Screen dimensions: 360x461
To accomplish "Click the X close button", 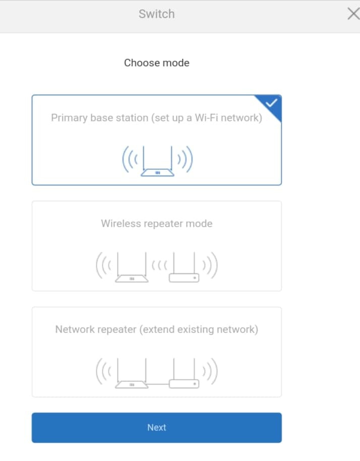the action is (x=353, y=14).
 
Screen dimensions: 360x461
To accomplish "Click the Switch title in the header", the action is (x=157, y=14).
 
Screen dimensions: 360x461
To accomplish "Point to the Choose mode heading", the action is (x=157, y=62).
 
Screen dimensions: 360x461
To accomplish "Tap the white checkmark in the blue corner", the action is (x=271, y=103).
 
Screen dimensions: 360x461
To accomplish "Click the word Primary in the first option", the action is (x=70, y=118).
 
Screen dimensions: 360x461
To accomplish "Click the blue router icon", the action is (x=157, y=161).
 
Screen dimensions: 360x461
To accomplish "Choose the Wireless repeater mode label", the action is (x=157, y=223).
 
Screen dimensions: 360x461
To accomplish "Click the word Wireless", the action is (x=121, y=223).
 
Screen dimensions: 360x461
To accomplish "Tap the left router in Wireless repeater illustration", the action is (x=132, y=267).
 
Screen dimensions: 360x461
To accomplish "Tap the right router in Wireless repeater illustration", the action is (x=184, y=267).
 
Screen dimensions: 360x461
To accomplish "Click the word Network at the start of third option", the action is (x=76, y=330).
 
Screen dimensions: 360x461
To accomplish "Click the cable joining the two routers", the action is (x=158, y=384).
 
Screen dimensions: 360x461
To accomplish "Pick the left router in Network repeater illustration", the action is (x=132, y=373).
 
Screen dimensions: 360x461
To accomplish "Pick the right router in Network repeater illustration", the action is (x=184, y=373).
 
